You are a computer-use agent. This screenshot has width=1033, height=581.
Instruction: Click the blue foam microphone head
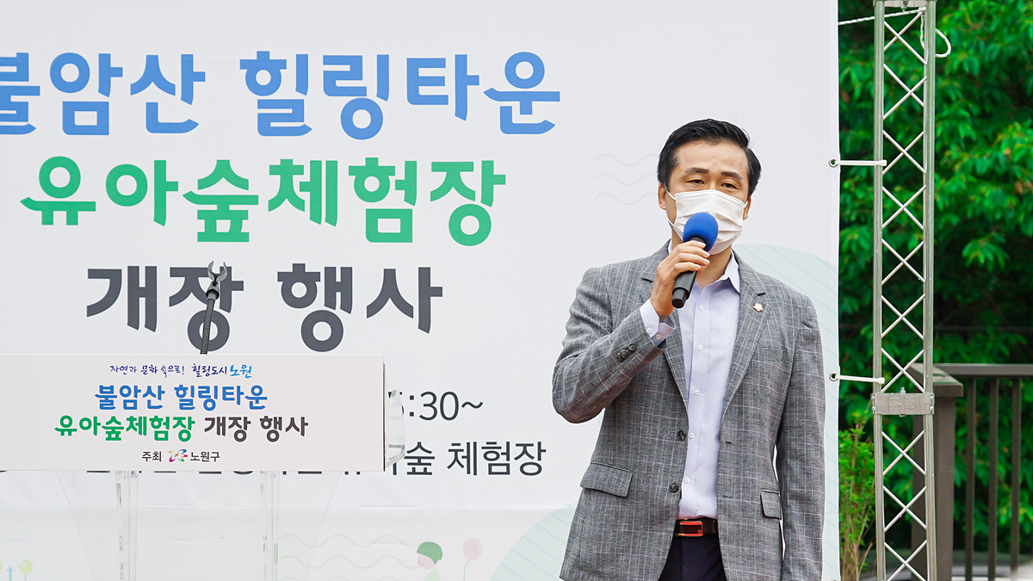700,230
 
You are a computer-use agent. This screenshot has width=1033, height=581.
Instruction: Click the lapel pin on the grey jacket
758,306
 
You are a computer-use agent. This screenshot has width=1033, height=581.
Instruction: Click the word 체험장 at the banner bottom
495,459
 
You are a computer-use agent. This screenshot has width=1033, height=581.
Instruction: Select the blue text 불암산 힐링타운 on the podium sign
181,397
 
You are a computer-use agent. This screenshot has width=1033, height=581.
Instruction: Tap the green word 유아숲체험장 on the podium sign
125,426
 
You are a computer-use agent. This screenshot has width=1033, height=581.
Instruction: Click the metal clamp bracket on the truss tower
901,403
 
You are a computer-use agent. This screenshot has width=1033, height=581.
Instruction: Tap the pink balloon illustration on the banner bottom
472,549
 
